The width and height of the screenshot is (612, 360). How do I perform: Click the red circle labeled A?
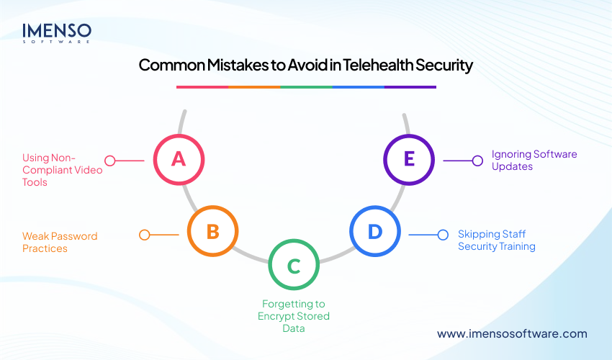point(179,159)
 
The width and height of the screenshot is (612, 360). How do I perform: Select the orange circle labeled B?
point(212,231)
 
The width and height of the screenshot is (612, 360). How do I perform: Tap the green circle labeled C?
point(293,266)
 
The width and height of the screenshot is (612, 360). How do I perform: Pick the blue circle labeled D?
point(374,231)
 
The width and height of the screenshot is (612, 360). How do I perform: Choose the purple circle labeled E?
point(408,159)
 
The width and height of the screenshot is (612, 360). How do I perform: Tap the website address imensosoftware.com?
point(512,333)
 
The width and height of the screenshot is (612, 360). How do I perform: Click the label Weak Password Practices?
point(60,242)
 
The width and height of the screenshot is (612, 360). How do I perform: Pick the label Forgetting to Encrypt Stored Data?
point(293,316)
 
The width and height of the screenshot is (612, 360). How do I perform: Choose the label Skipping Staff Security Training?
point(497,240)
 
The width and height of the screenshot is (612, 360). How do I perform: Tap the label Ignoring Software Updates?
point(534,160)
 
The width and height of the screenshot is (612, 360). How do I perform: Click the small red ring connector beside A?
point(110,161)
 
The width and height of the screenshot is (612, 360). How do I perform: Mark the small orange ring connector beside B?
point(144,235)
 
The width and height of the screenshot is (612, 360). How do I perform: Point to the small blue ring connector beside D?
point(443,234)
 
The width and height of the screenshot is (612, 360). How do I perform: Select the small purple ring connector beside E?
point(477,161)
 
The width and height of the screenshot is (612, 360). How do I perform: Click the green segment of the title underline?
point(306,87)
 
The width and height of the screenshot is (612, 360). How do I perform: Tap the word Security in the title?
point(441,66)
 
